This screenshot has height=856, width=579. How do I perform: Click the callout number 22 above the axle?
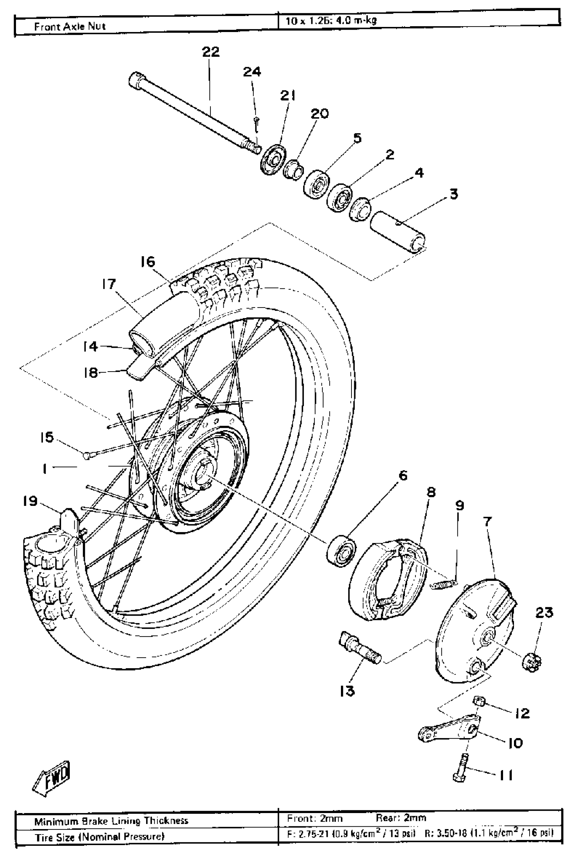(x=210, y=52)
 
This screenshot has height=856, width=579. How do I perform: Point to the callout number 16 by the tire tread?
(x=147, y=262)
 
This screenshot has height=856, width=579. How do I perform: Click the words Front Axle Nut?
(x=69, y=27)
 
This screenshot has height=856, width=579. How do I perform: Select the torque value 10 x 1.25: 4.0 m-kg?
(x=331, y=21)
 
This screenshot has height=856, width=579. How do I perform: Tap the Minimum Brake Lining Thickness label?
(x=111, y=821)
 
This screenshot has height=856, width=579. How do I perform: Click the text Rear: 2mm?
(x=401, y=818)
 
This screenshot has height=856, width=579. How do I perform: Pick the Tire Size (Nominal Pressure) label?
(x=99, y=837)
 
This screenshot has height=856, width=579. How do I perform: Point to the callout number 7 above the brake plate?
(x=487, y=522)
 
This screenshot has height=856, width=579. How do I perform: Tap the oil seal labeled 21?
(x=273, y=160)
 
